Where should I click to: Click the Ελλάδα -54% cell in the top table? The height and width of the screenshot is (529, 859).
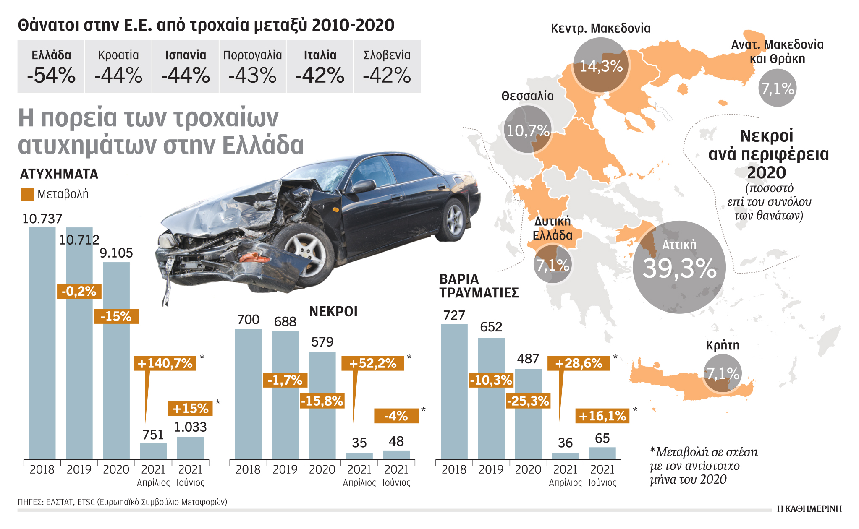[51, 66]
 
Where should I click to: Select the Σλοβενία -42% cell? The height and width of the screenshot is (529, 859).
[387, 66]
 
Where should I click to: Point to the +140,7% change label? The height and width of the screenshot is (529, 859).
[165, 363]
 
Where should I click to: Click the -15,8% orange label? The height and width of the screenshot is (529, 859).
[322, 401]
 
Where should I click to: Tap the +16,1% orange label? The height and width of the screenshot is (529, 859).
[602, 416]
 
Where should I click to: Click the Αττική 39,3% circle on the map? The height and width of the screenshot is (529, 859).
[679, 267]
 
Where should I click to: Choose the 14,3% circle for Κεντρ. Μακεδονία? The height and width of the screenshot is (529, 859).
[601, 65]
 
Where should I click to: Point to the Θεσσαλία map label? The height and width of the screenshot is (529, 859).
[527, 96]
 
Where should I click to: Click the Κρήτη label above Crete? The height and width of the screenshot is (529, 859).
[722, 345]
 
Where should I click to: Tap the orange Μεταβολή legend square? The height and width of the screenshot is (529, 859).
[27, 194]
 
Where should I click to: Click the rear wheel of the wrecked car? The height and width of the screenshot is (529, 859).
[454, 219]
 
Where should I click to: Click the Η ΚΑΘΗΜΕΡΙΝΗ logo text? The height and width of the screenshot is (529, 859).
[809, 508]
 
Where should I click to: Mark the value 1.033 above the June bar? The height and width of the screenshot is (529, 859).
[190, 427]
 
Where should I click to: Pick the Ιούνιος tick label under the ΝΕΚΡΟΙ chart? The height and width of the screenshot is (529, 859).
[396, 482]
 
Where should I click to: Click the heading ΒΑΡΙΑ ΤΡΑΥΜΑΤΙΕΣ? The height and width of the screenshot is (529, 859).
[479, 286]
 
